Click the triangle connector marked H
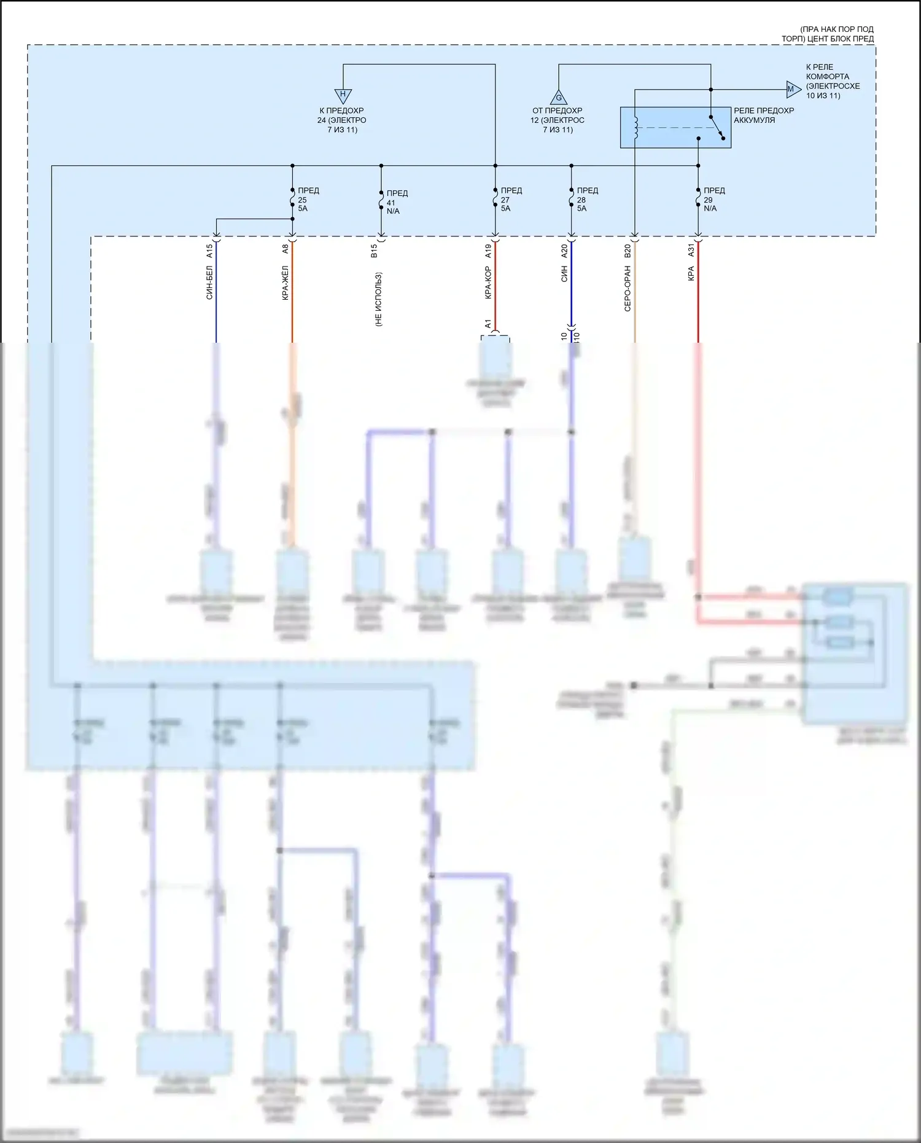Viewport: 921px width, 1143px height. [343, 95]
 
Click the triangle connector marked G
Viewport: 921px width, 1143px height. [559, 98]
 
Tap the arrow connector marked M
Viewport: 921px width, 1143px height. [793, 90]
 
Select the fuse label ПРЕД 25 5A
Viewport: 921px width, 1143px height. [308, 200]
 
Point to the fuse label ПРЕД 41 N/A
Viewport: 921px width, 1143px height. [396, 202]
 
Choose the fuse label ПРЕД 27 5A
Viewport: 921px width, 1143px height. [510, 200]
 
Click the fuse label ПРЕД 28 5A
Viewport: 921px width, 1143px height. [586, 200]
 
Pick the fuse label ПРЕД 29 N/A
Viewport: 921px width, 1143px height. [713, 200]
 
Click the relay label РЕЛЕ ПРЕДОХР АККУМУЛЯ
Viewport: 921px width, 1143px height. [763, 115]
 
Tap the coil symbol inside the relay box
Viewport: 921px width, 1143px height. [636, 127]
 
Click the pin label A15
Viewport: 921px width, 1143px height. [209, 251]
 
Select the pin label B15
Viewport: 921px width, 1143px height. [374, 251]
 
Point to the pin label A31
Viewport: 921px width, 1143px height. [691, 251]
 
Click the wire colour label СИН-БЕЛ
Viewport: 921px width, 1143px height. [209, 283]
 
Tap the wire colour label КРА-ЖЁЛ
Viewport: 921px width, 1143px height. [286, 283]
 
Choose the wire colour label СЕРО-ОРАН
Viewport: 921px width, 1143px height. [628, 288]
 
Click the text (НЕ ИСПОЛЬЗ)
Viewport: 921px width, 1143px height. [378, 299]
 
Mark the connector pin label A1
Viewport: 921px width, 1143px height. [488, 324]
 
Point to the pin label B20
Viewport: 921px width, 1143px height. [628, 251]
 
